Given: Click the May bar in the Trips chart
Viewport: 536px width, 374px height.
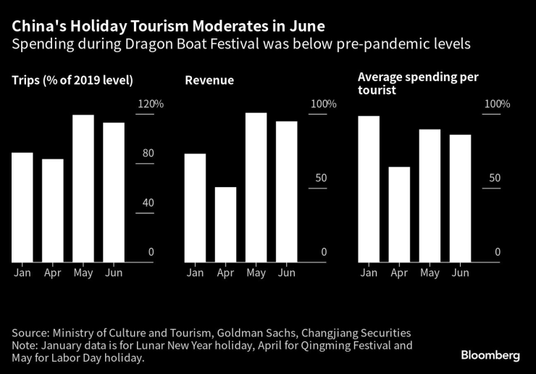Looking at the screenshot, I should [83, 188].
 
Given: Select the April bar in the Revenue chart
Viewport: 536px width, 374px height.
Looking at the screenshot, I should [225, 225].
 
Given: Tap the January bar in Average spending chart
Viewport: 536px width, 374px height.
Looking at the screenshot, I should [369, 189].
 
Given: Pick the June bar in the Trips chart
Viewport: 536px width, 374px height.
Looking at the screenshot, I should [114, 192].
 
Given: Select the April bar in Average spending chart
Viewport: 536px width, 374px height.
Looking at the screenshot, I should [399, 215].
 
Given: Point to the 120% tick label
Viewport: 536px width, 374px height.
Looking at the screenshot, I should [151, 104].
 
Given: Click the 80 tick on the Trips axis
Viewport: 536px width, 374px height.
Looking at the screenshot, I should [148, 154].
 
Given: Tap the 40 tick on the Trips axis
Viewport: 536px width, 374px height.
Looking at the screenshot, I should [148, 203].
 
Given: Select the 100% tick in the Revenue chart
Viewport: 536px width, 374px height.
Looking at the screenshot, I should [323, 104].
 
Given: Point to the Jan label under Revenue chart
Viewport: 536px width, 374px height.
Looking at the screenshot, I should [195, 273].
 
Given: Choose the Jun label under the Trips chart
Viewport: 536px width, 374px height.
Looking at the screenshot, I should [114, 273].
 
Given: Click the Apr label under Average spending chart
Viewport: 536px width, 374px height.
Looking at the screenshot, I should [399, 273].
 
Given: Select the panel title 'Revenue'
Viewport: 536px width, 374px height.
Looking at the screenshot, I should [209, 80].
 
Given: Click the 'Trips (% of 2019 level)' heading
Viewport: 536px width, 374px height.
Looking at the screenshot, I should [72, 80].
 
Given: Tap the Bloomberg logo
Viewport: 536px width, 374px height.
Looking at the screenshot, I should [490, 355].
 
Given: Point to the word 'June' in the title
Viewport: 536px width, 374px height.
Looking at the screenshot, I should [304, 26].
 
